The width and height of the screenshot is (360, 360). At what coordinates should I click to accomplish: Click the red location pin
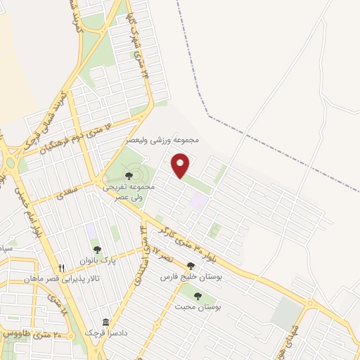click(181, 165)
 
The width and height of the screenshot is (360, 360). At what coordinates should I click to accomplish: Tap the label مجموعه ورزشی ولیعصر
click(162, 141)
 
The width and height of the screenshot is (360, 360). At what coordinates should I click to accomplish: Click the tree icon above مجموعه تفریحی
click(129, 176)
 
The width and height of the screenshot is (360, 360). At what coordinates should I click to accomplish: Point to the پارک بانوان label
click(97, 260)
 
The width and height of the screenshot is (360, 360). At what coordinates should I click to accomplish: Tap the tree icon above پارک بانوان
click(97, 250)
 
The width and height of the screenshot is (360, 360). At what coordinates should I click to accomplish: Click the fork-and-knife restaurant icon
click(62, 268)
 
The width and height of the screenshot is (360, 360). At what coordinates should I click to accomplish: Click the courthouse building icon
click(105, 323)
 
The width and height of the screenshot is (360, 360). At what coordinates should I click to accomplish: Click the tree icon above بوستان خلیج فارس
click(191, 266)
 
